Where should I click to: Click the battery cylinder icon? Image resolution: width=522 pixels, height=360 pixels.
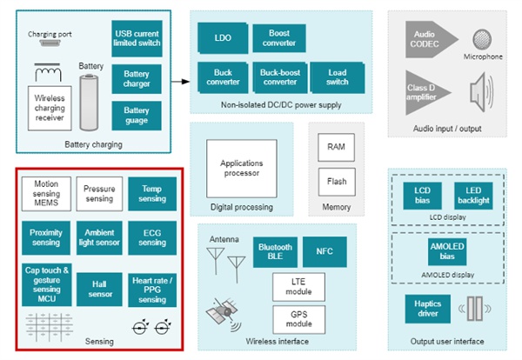tap(90, 103)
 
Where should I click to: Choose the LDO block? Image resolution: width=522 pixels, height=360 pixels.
tap(223, 38)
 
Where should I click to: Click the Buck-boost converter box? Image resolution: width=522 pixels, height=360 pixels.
tap(280, 77)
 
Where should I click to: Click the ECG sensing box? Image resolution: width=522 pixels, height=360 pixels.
tap(152, 237)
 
